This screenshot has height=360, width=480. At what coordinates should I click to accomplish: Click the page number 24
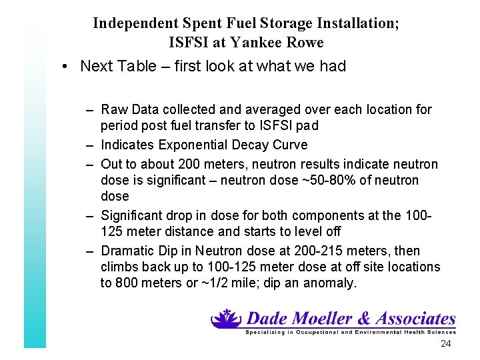click(446, 343)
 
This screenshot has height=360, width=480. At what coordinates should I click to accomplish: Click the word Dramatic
click(125, 251)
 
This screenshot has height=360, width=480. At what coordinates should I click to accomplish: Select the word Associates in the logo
click(413, 319)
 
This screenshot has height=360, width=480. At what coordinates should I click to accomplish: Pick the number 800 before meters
click(126, 283)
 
